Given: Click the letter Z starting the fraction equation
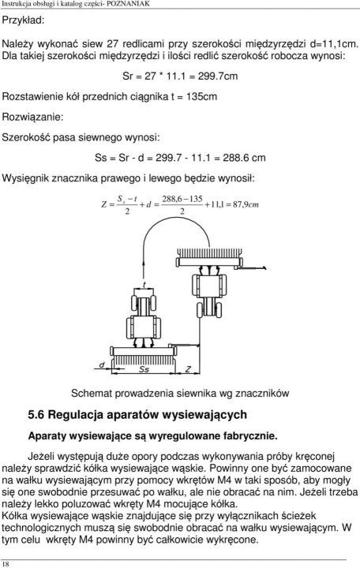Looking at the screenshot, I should coord(103,204).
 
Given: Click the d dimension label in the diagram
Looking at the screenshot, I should coord(101,364).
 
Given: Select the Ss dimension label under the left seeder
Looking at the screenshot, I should coord(144,369).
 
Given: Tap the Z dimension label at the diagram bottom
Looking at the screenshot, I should coord(188,369).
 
